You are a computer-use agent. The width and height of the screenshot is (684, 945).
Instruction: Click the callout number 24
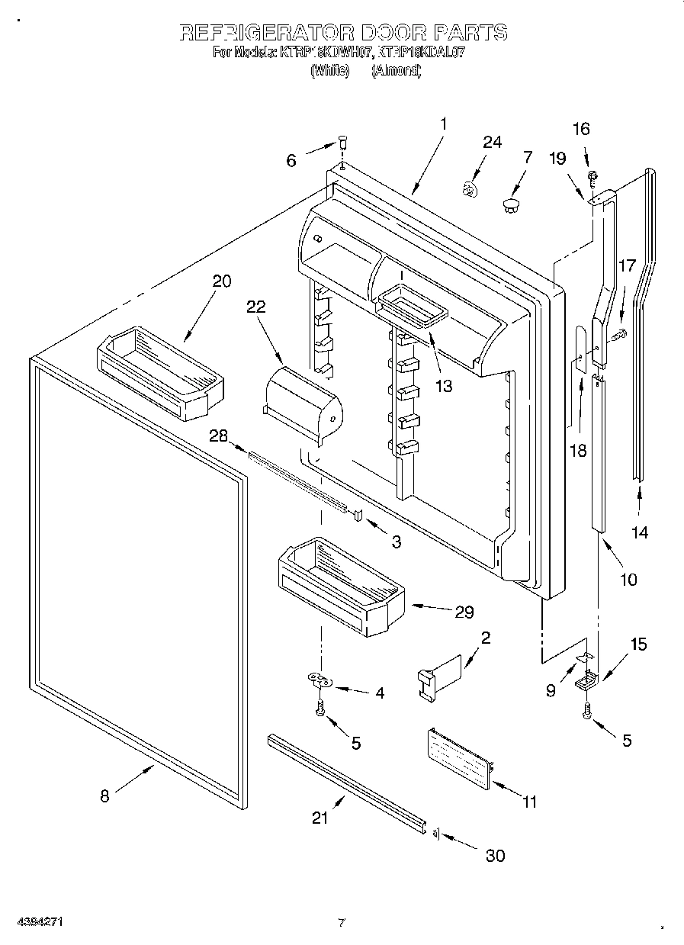tap(493, 143)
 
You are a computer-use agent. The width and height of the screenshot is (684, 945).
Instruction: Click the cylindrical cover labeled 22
tap(303, 404)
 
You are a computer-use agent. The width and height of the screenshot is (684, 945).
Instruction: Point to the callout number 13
tap(443, 386)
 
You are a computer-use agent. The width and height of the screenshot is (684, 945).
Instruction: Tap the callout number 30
tap(495, 856)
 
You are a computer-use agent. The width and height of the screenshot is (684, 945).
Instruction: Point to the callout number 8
tap(104, 796)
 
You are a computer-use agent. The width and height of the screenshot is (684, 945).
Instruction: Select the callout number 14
tap(640, 532)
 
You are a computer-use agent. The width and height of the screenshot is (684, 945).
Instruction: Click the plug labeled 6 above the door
tap(342, 142)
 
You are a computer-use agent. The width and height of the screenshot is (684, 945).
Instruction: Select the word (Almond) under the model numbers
tap(396, 70)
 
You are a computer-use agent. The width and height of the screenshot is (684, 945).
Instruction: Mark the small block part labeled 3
tap(355, 515)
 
